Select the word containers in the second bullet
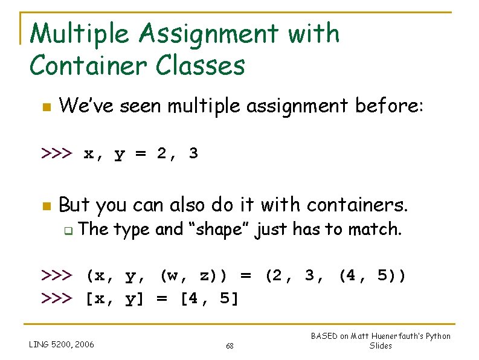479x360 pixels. (356, 205)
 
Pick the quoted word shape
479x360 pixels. (218, 230)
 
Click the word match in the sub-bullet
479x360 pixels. (378, 230)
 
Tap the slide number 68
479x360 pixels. (230, 346)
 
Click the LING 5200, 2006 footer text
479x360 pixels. (62, 345)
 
